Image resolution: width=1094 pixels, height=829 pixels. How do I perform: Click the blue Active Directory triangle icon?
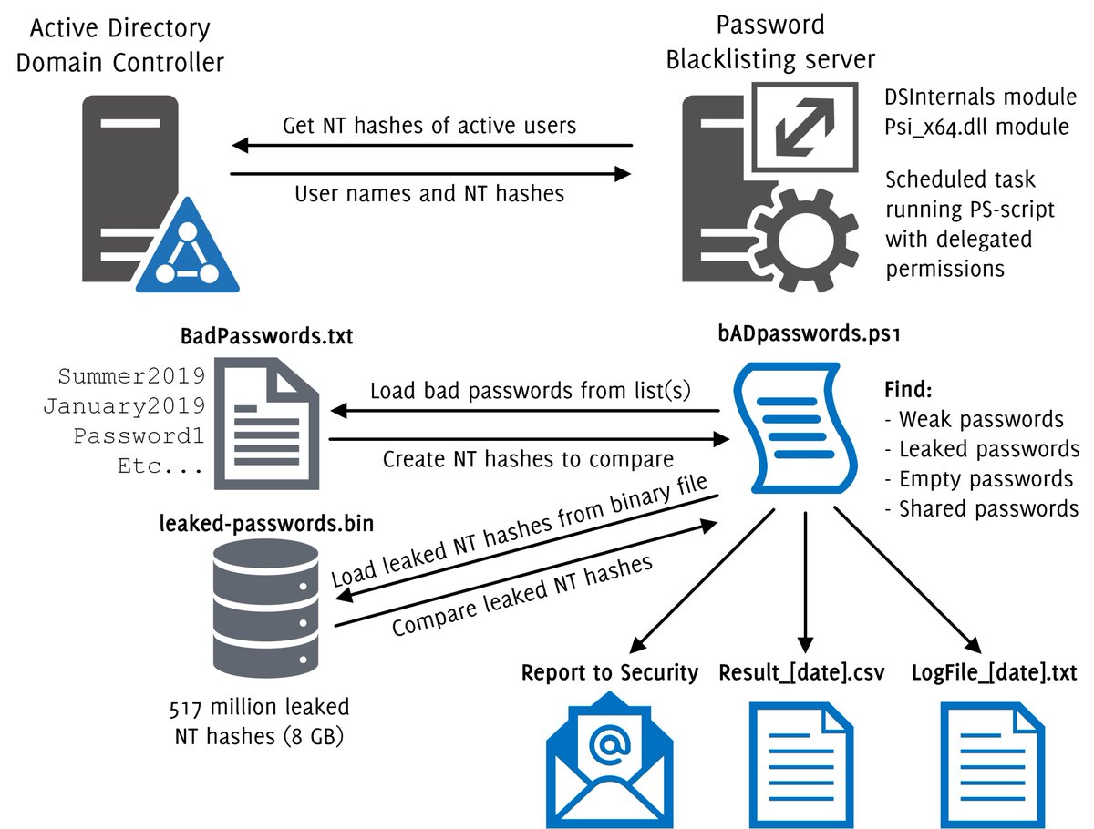188,251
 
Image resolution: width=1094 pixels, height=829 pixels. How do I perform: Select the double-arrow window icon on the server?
805,128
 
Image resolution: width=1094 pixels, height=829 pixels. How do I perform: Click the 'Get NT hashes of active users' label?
429,126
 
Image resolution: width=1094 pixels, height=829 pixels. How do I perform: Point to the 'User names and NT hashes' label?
429,194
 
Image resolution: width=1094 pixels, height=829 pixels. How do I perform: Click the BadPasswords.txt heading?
266,336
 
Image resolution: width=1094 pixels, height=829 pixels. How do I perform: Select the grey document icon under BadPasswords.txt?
266,424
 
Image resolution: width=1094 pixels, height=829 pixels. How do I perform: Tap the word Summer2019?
131,376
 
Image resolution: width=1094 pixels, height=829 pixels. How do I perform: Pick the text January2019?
124,406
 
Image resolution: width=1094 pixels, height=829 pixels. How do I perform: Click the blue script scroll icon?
796,428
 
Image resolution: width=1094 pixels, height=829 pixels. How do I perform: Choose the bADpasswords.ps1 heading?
809,333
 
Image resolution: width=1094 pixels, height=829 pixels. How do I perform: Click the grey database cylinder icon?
265,609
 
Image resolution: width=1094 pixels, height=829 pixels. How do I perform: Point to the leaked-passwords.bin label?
266,523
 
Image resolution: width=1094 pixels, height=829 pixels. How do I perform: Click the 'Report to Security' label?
610,672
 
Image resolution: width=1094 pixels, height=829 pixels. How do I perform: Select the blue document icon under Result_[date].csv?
801,765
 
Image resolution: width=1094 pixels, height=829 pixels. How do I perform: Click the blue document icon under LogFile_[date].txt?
993,765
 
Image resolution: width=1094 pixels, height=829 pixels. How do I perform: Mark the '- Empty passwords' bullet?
979,479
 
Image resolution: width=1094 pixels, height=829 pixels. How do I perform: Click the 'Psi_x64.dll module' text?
977,127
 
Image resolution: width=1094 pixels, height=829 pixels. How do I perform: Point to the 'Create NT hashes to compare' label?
528,459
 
